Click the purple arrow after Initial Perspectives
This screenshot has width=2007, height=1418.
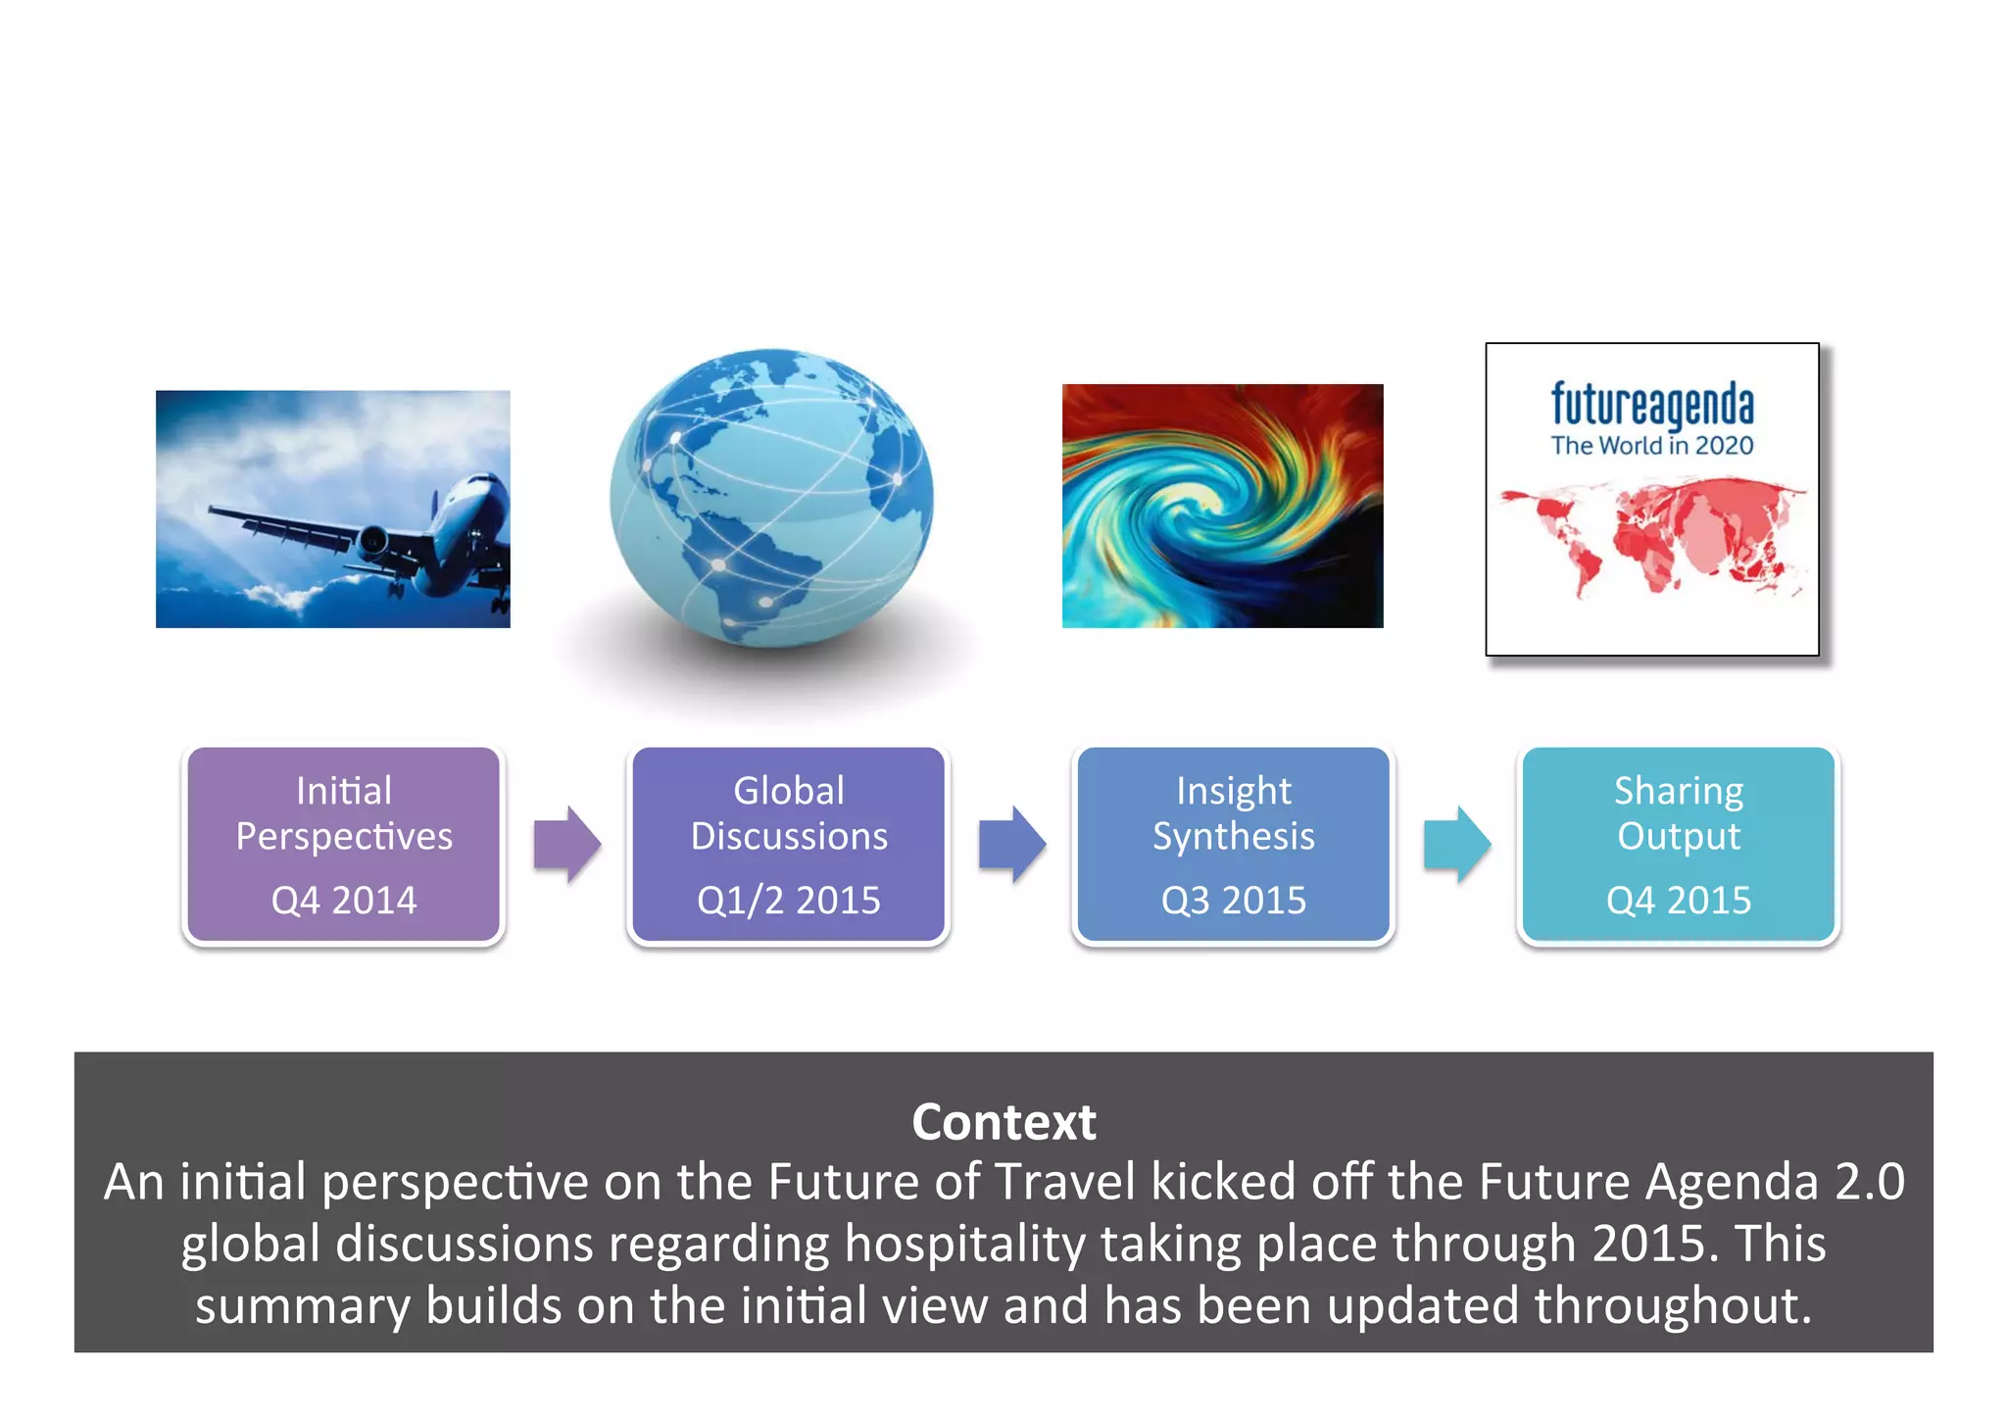pos(566,845)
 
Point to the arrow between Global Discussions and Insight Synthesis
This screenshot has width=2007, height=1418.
pos(1011,845)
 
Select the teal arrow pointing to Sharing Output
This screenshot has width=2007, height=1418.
pos(1456,845)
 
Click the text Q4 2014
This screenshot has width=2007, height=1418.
pos(343,900)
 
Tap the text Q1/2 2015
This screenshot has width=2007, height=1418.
pos(789,900)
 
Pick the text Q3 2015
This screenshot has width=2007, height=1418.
pos(1233,900)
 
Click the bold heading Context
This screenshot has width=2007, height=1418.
pos(1003,1122)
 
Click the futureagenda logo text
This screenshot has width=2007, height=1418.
pos(1652,404)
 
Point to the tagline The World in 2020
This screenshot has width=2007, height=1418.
pos(1652,446)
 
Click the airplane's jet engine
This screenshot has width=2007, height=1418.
pos(372,538)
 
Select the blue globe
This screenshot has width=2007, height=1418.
pos(771,498)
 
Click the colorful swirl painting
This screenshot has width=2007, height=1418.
pos(1222,506)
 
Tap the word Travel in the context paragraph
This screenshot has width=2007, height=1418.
pos(1065,1182)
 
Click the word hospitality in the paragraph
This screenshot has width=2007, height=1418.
pos(964,1245)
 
